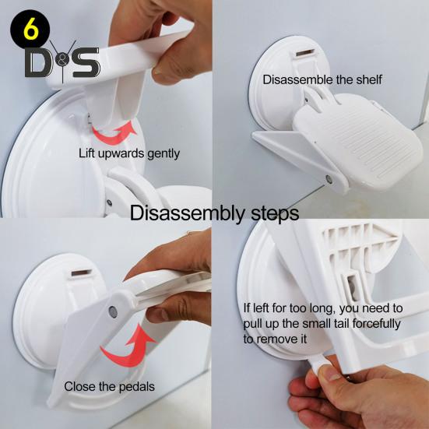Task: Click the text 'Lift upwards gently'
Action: point(129,153)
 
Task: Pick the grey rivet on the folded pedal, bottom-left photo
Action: point(113,311)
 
